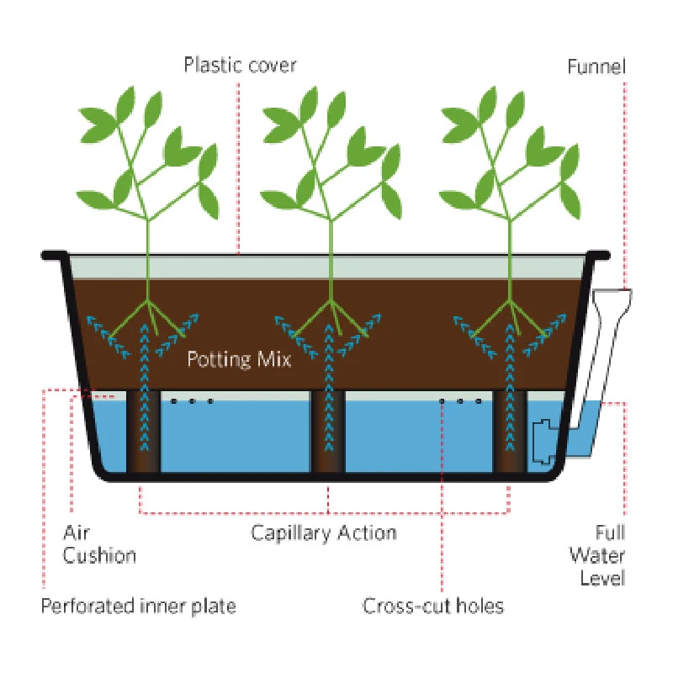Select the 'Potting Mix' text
point(240,360)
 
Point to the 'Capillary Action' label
point(324,533)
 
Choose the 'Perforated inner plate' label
point(139,606)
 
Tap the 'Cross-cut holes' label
point(433,606)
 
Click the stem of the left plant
point(149,252)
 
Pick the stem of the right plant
point(511,252)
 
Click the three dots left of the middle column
point(192,401)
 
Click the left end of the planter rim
point(52,253)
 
